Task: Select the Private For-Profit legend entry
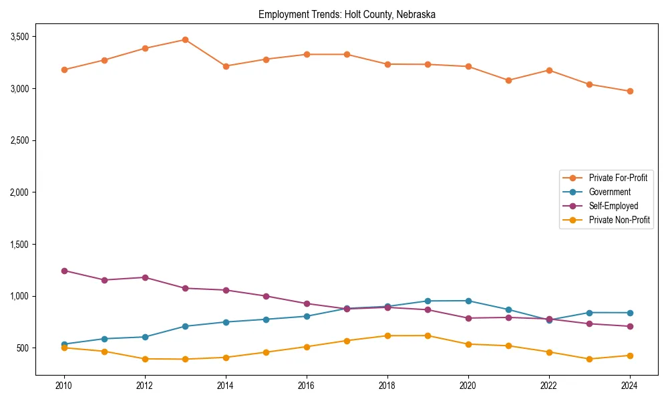click(618, 178)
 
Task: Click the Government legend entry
click(609, 192)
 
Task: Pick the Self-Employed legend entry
click(613, 206)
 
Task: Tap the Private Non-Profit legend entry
click(619, 220)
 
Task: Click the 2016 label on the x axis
click(307, 386)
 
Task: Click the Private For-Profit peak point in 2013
click(185, 39)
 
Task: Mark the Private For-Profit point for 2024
click(630, 91)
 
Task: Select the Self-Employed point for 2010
click(64, 271)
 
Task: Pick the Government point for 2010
click(64, 344)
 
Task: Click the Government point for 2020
click(468, 301)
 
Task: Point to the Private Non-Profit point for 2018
click(387, 336)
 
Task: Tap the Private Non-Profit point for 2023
click(589, 359)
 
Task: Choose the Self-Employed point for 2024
click(630, 326)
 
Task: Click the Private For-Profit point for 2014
click(226, 66)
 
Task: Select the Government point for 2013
click(185, 326)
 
